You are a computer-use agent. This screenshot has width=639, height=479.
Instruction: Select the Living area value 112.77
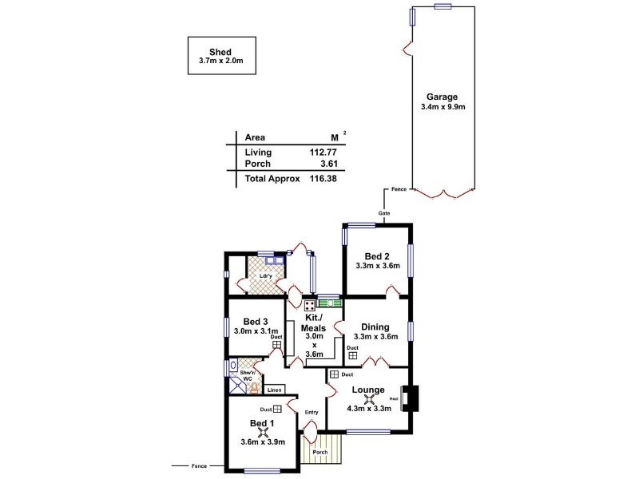(316, 152)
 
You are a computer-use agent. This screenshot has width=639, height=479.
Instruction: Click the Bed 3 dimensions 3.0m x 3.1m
(255, 331)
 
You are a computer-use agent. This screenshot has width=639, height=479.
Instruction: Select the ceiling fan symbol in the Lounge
(370, 399)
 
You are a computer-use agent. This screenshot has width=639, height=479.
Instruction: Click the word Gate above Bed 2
(384, 214)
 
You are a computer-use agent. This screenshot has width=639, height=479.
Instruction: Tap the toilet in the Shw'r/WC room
(253, 388)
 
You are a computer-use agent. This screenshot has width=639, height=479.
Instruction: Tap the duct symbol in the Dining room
(352, 355)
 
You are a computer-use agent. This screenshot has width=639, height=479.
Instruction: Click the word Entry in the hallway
(312, 412)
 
